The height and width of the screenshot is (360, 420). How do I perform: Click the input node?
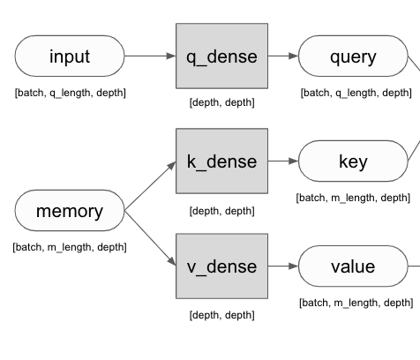pos(70,56)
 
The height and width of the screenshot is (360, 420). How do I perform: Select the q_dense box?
pos(221,56)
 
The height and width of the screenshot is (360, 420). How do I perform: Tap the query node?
pos(353,56)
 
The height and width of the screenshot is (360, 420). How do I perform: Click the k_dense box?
pos(221,161)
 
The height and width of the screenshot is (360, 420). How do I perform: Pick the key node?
pos(353,161)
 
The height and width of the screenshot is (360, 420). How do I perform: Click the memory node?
pos(70,212)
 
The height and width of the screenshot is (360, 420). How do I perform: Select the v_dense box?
pos(221,266)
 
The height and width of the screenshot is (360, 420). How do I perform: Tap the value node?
pos(353,266)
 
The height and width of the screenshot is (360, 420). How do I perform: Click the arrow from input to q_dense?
pos(150,56)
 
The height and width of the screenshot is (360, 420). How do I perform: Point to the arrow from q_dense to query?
pos(282,56)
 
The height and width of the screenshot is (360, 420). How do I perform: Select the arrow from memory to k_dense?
pos(150,187)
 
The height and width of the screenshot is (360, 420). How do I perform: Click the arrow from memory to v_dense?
pos(150,238)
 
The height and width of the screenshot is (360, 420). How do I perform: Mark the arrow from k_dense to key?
pos(282,161)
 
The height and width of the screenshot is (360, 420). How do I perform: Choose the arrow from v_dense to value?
pos(282,266)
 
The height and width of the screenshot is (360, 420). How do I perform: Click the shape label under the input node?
pos(70,93)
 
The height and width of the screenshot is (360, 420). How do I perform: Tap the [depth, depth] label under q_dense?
pos(221,103)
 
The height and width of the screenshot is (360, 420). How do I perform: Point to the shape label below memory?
pos(70,247)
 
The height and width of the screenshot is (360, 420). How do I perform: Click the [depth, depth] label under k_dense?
pos(221,211)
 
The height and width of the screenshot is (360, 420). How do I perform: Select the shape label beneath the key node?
pos(353,198)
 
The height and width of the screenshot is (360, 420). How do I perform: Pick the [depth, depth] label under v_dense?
pos(221,315)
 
